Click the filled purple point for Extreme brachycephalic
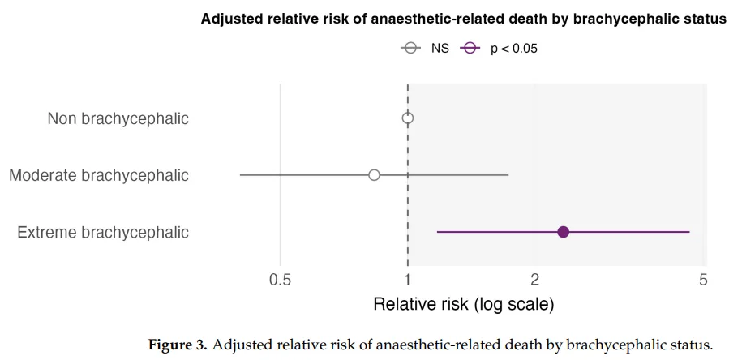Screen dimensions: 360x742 point(564,232)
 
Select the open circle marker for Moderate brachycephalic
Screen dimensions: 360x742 point(374,175)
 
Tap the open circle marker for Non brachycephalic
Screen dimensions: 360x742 point(408,118)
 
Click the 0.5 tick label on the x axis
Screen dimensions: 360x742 point(281,280)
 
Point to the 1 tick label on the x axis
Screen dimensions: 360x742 point(408,280)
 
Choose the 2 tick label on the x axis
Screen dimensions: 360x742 point(535,280)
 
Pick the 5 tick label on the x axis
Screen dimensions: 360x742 point(703,280)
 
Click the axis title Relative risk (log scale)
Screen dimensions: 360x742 point(463,305)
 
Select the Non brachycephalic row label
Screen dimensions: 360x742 point(118,119)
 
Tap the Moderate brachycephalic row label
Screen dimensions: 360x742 point(99,175)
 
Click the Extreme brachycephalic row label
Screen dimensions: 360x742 point(103,233)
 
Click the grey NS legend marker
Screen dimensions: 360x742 point(410,48)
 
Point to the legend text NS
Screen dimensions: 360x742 point(440,48)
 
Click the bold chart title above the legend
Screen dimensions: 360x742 point(464,19)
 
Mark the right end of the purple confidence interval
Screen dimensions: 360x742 point(689,232)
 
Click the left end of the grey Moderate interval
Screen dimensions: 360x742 point(241,175)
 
